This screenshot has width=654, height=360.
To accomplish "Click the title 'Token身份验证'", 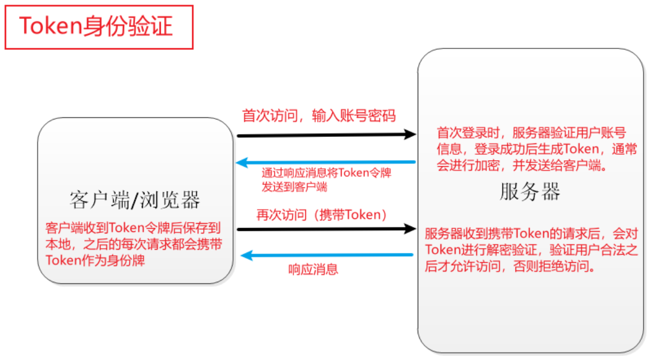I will [x=96, y=26].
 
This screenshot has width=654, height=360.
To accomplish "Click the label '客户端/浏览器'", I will [x=135, y=200].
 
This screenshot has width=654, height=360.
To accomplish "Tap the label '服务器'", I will [x=530, y=192].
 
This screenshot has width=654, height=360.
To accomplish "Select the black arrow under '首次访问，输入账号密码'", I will [x=325, y=135].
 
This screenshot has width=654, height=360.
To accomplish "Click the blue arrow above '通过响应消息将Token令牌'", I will [x=325, y=162].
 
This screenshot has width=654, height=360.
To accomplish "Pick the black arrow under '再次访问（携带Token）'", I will [x=325, y=229].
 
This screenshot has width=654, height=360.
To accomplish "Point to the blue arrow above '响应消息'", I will [x=325, y=255].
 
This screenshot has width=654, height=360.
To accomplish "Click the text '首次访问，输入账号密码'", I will [x=319, y=116].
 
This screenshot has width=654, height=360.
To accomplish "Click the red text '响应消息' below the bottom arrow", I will [x=313, y=269].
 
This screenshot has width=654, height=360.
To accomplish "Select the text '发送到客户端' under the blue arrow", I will [x=294, y=187].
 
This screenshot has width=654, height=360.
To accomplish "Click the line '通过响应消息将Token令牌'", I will [x=326, y=174].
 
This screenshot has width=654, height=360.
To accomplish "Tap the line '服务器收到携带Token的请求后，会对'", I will [x=531, y=234].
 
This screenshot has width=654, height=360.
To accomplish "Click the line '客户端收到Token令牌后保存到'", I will [x=133, y=228].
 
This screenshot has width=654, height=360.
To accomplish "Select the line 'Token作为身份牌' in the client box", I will [x=96, y=260].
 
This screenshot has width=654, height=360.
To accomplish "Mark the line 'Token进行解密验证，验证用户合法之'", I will [x=531, y=250].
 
